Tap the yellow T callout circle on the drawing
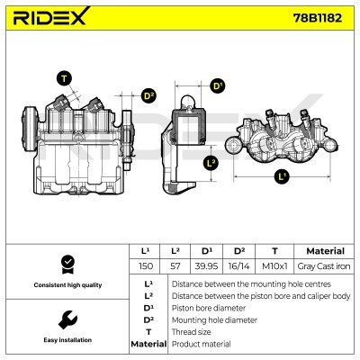[x=64, y=77]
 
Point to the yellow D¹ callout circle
[x=217, y=86]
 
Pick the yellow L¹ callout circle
[x=283, y=176]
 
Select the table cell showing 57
[x=175, y=267]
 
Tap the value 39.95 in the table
[x=208, y=267]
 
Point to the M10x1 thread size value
[x=274, y=267]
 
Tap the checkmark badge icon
[x=65, y=264]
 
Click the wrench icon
[x=65, y=319]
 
